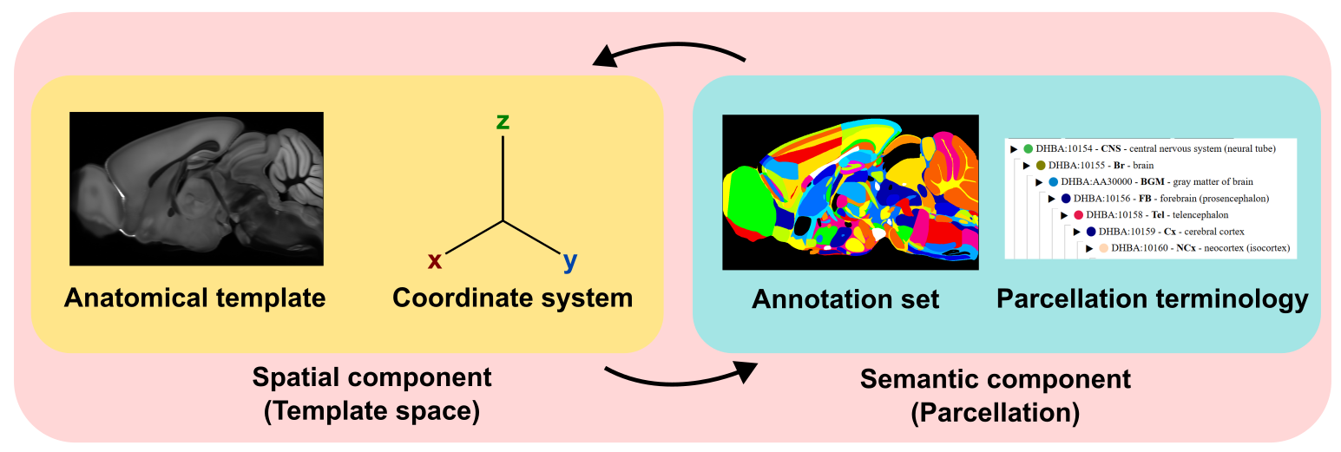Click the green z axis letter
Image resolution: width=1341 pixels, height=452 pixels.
click(503, 121)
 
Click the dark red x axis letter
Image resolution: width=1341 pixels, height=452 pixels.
click(436, 260)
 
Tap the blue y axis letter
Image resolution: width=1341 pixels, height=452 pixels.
click(569, 260)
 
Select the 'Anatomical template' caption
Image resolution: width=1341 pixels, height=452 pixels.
click(194, 298)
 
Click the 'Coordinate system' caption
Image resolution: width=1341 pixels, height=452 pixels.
click(512, 298)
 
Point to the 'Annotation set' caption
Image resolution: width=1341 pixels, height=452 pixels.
click(845, 299)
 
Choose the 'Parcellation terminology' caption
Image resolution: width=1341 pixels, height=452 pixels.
click(1152, 299)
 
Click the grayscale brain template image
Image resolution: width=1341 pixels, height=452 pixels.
click(196, 188)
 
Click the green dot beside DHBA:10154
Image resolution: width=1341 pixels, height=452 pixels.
click(1029, 149)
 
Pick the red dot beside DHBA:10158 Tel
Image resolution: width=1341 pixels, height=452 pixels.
click(1078, 215)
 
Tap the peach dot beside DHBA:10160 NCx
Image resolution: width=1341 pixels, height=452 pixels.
click(1103, 248)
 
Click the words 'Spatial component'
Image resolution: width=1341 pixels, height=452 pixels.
click(371, 377)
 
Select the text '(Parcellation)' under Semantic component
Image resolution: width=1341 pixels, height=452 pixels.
click(995, 412)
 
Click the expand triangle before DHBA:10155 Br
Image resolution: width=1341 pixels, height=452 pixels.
click(1027, 166)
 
